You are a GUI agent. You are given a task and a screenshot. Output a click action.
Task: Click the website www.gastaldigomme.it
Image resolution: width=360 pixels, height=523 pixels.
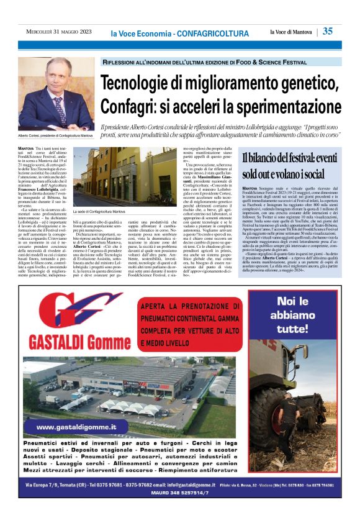tap(76, 427)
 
